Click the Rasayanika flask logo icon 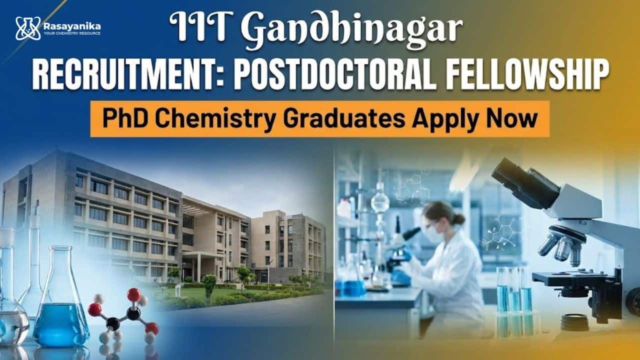click(27, 28)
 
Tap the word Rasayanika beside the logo click(72, 26)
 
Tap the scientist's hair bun click(458, 219)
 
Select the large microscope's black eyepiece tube click(525, 183)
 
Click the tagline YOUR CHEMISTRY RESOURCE click(72, 33)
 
